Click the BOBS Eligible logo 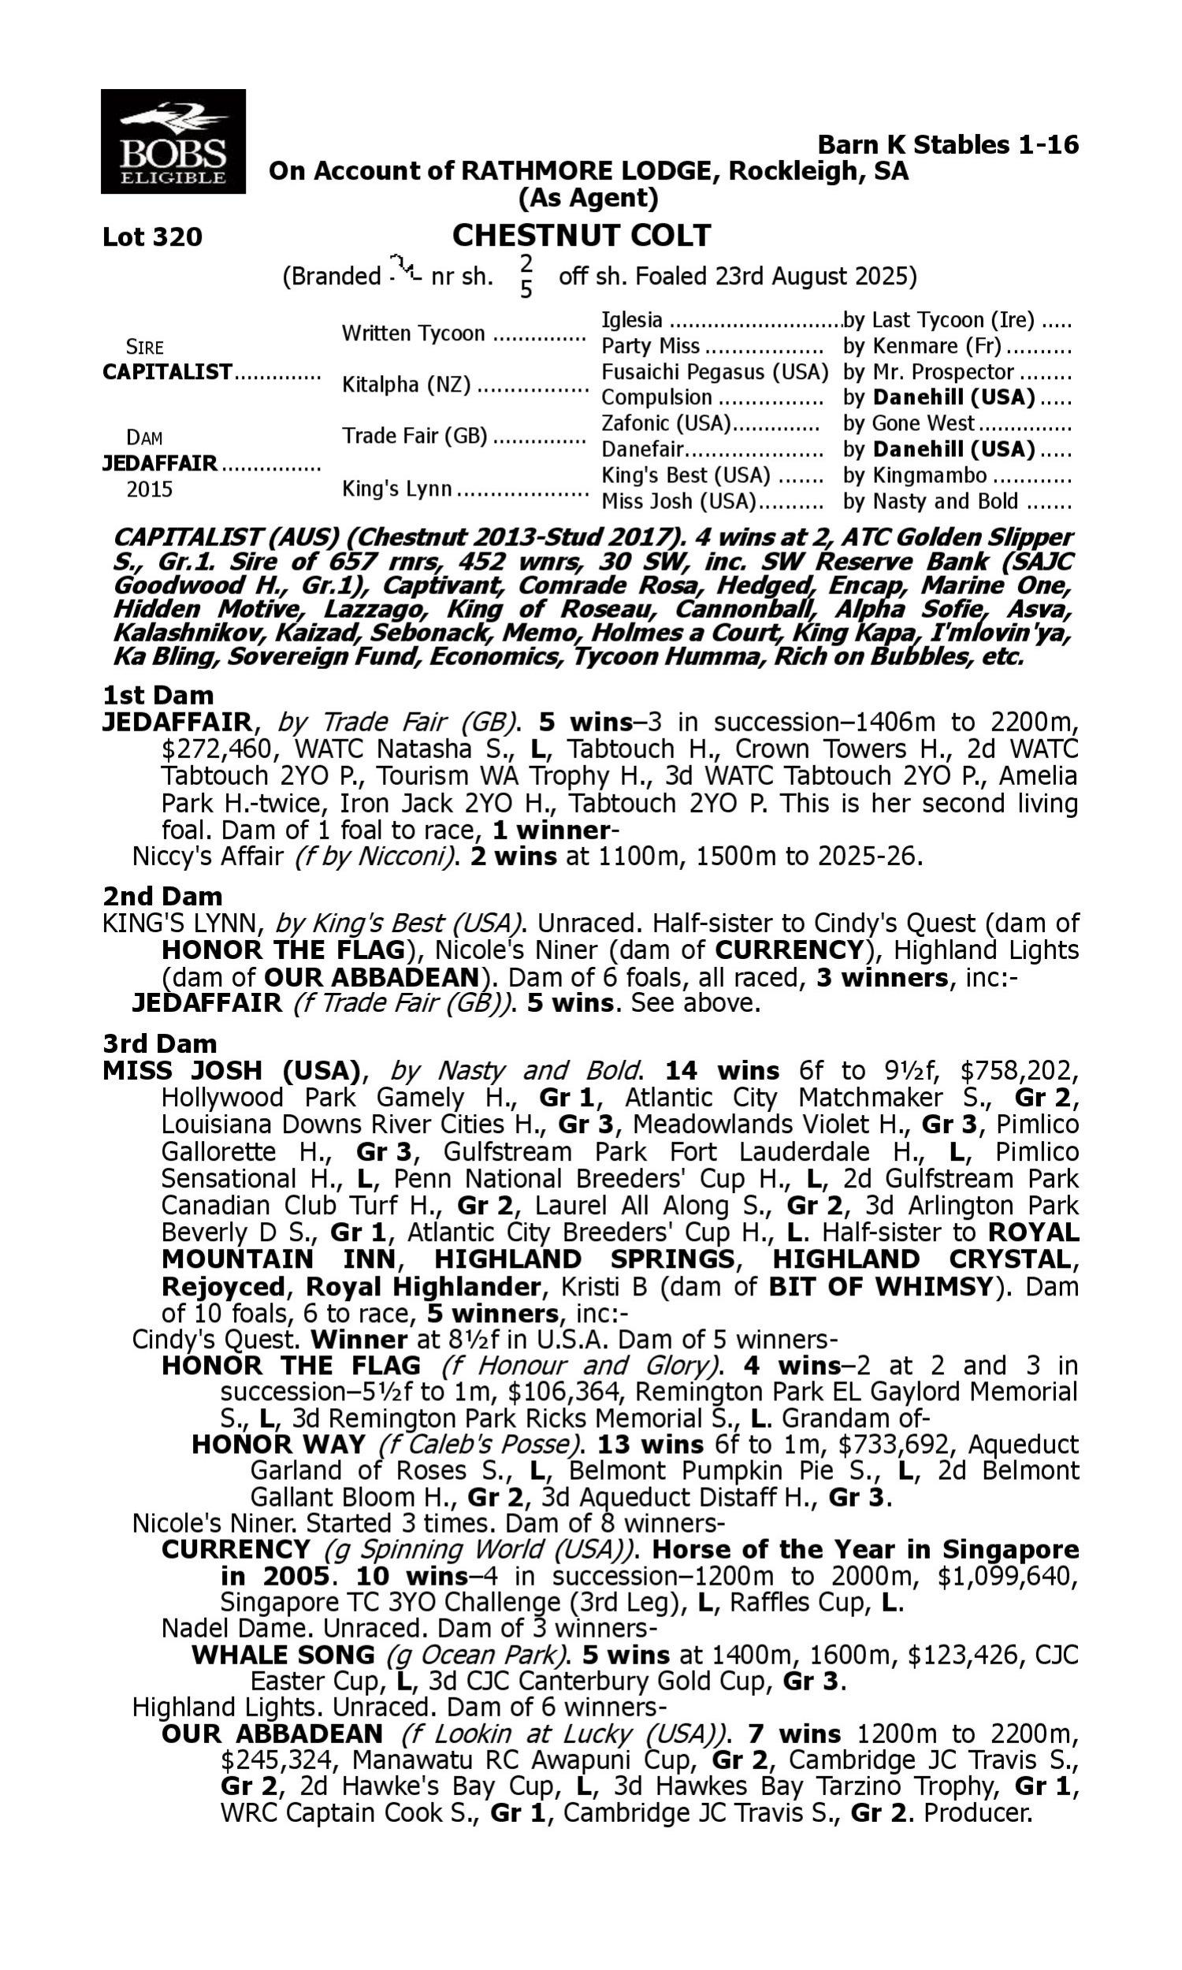(x=173, y=142)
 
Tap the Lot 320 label (x=152, y=236)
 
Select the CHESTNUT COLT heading (x=582, y=236)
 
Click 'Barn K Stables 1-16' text (x=948, y=145)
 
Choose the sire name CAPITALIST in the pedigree (x=167, y=372)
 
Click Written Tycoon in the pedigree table (x=413, y=333)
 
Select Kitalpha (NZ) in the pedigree (x=405, y=385)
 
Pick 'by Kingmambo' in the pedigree (x=915, y=475)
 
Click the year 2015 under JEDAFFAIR (x=150, y=489)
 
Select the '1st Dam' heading (x=158, y=695)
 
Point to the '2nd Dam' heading (x=162, y=897)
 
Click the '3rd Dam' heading (x=159, y=1043)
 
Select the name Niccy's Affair (x=208, y=857)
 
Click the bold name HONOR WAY (x=278, y=1444)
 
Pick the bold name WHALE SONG (x=283, y=1655)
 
